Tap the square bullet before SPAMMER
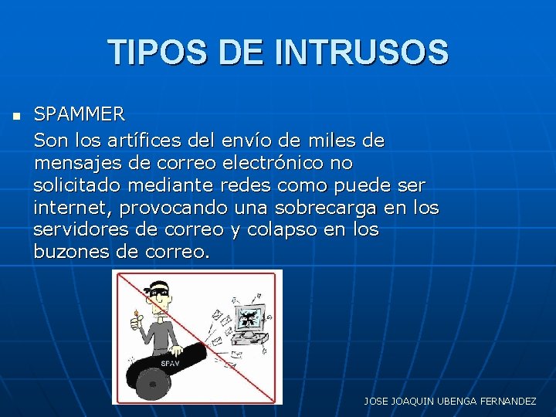coord(16,117)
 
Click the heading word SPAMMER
coord(79,115)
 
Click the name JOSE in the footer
coord(378,402)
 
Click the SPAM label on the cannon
coord(170,363)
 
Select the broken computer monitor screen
coord(248,317)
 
